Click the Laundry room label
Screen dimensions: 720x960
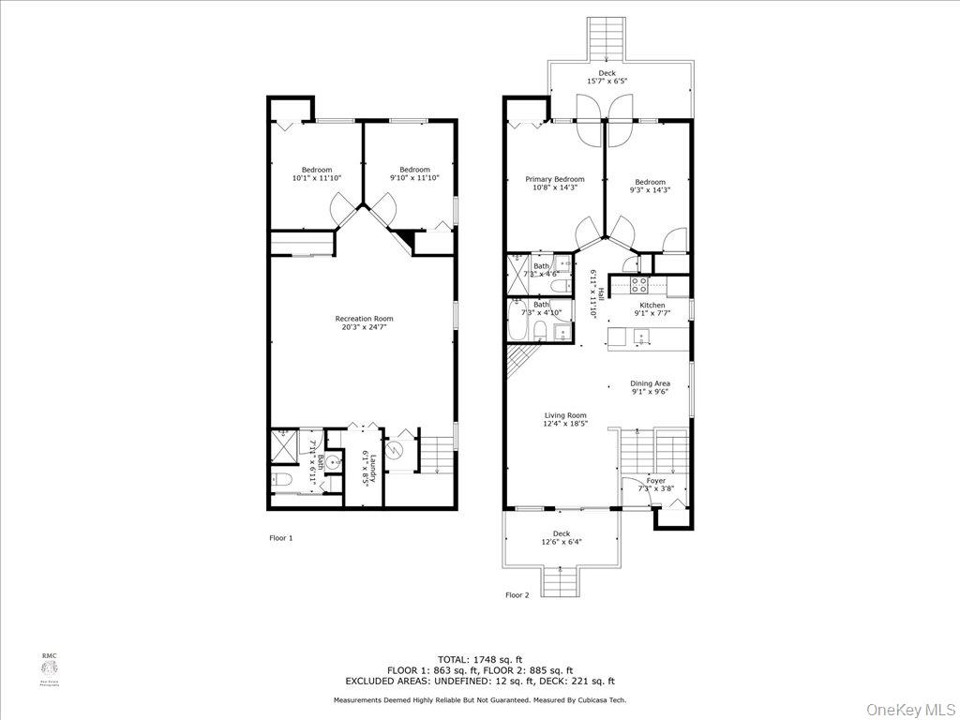tap(372, 469)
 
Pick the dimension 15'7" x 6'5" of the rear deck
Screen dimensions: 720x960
tap(607, 82)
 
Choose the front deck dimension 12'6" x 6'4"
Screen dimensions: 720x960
tap(561, 542)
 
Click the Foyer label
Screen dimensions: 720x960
tap(656, 480)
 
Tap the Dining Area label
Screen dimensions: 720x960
tap(650, 383)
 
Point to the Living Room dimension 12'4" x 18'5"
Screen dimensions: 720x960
tap(566, 424)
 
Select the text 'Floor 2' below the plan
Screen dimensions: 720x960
tap(517, 594)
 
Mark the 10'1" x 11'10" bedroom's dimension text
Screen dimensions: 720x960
tap(317, 177)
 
